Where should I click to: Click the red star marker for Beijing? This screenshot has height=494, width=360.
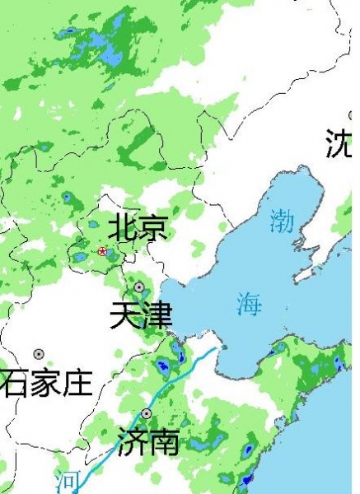102,251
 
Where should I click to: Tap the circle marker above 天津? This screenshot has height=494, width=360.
139,287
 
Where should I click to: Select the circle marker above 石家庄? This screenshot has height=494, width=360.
39,354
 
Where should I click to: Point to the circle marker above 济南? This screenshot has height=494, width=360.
147,413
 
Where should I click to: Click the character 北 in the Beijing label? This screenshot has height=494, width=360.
123,227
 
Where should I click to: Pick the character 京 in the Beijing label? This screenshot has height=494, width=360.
152,227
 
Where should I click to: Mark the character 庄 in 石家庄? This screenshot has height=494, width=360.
77,383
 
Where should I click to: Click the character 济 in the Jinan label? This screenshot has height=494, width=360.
133,442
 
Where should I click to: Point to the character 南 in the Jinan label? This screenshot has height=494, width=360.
163,442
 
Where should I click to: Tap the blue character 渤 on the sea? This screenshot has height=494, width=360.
282,221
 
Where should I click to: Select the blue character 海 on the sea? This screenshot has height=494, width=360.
249,304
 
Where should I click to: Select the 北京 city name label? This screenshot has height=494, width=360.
138,227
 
